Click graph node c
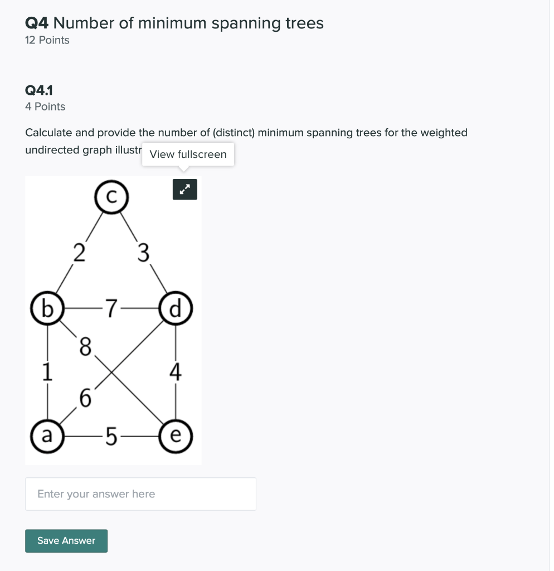click(111, 197)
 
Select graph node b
click(47, 308)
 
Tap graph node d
click(176, 308)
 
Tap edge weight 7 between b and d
click(112, 308)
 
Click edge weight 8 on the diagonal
click(85, 347)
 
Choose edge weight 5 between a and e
click(111, 436)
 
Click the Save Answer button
click(66, 540)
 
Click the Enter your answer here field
click(140, 494)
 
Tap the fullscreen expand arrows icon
click(185, 190)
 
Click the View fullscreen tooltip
click(188, 154)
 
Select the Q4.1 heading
click(39, 90)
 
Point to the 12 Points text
click(47, 40)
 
